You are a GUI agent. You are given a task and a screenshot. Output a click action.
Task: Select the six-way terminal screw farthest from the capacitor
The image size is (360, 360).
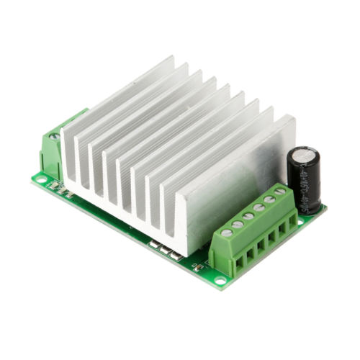(226, 233)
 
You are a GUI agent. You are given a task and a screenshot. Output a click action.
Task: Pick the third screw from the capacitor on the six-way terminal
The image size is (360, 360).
(258, 208)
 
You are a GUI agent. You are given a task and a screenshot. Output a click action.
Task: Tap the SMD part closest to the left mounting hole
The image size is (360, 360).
(55, 186)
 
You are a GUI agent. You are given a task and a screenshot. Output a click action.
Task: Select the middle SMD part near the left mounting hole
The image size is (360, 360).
(62, 189)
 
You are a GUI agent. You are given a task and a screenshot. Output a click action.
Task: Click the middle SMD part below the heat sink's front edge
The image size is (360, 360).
(164, 249)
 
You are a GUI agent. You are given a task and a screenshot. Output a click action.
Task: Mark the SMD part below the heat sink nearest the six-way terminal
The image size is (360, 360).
(174, 254)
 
